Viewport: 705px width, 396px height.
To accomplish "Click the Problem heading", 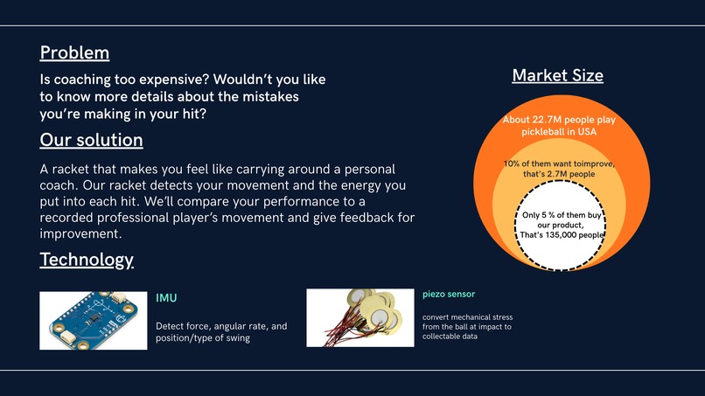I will tap(74, 52).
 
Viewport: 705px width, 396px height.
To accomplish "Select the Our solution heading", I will tap(91, 140).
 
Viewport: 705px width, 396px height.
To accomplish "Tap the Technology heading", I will tap(87, 260).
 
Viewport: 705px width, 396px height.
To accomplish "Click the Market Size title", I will tap(557, 75).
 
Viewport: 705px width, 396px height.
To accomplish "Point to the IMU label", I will tap(166, 298).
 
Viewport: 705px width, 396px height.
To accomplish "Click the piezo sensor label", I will tap(448, 294).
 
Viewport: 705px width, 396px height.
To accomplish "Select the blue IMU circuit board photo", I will tap(93, 320).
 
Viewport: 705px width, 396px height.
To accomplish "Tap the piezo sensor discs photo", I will tap(359, 318).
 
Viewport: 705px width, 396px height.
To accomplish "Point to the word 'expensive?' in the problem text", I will tap(192, 80).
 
